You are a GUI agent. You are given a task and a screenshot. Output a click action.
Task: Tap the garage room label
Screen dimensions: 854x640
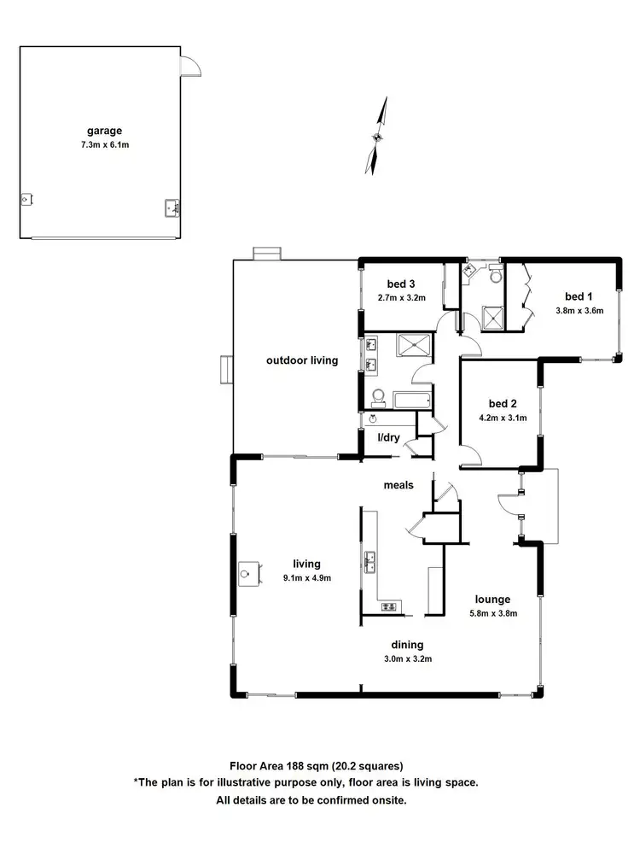tap(104, 131)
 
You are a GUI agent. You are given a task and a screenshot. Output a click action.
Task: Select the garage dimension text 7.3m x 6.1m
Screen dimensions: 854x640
tap(104, 145)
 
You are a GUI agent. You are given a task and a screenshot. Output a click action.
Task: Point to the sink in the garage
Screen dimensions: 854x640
tap(170, 207)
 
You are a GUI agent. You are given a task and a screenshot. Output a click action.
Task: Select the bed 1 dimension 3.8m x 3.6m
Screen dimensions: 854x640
tap(579, 310)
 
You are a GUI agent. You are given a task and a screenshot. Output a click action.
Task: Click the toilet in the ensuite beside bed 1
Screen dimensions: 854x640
tap(494, 275)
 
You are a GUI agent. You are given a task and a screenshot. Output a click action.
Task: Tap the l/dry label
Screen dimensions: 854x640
tap(388, 438)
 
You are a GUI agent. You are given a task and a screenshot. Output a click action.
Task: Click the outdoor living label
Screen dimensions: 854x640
tap(302, 360)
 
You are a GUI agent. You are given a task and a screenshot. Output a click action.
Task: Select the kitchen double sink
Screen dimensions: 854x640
tap(371, 562)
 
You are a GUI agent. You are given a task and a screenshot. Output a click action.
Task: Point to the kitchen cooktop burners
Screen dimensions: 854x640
tap(389, 606)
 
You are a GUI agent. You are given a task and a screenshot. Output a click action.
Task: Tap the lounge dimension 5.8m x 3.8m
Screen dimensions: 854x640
tap(493, 613)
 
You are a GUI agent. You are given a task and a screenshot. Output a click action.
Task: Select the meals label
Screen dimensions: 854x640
tap(398, 485)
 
